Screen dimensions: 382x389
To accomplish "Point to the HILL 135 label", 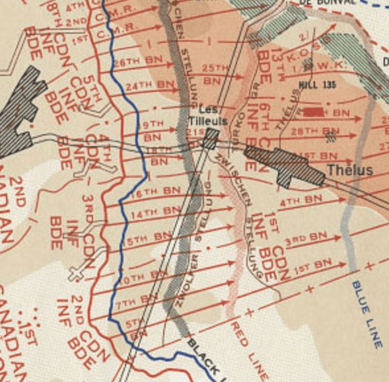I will coord(316,85).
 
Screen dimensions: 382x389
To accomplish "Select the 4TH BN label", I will coord(301,200).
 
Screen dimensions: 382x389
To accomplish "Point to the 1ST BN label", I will coord(312,266).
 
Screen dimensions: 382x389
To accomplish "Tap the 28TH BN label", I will coord(305,132).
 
